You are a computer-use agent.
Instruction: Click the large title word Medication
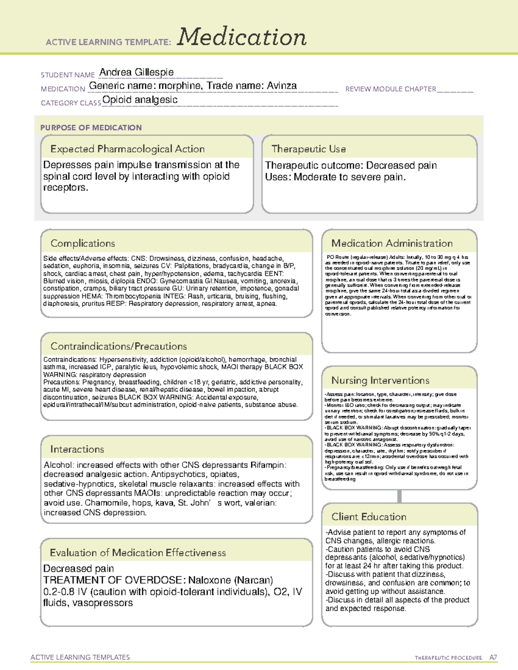click(241, 37)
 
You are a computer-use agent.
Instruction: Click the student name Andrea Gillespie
click(136, 72)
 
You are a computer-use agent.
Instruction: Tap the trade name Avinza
click(281, 86)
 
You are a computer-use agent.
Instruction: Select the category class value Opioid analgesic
click(140, 100)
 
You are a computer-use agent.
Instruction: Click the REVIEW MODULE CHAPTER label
click(391, 89)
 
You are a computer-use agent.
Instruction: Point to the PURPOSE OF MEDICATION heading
click(91, 128)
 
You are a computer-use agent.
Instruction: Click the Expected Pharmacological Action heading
click(127, 149)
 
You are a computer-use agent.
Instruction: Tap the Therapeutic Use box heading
click(308, 149)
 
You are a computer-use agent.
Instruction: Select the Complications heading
click(82, 243)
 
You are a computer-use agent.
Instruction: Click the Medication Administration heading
click(392, 243)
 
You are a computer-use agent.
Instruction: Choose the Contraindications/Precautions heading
click(118, 346)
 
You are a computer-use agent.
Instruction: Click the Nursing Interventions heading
click(380, 381)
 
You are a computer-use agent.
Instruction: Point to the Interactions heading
click(77, 449)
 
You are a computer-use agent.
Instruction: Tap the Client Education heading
click(369, 517)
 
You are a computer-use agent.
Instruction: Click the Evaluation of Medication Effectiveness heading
click(138, 553)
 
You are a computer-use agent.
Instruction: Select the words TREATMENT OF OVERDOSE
click(114, 580)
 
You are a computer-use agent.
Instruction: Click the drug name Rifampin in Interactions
click(267, 465)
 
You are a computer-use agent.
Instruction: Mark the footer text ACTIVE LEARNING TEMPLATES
click(80, 657)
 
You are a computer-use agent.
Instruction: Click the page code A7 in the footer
click(493, 657)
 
